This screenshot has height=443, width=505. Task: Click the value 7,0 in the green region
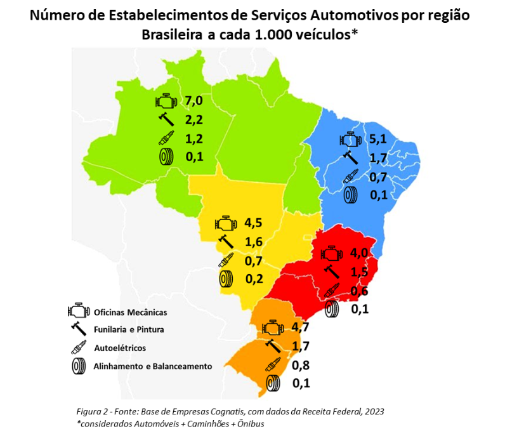tap(194, 100)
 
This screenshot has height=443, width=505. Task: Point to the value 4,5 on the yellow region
tap(254, 223)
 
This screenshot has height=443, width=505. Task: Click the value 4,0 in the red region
tap(359, 253)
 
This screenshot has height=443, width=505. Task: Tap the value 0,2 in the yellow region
tap(254, 278)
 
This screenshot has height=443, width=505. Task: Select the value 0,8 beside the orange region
tap(301, 365)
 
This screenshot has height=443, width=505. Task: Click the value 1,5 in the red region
tap(359, 272)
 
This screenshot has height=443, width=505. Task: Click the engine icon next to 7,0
tap(164, 101)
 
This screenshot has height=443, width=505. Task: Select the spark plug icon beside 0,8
tap(273, 366)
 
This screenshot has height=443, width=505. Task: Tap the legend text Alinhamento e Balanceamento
tap(153, 366)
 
